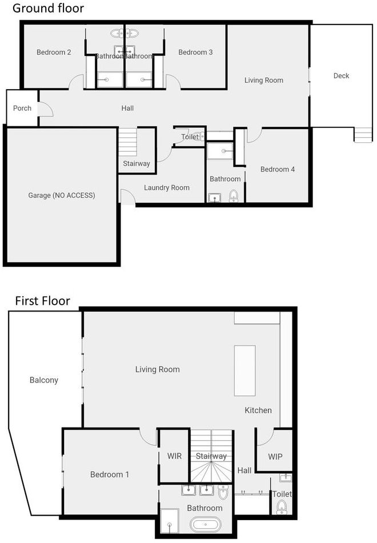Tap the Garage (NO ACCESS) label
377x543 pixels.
[62, 195]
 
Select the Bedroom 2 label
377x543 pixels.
[54, 53]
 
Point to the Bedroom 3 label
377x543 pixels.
[195, 53]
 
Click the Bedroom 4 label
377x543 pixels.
[278, 169]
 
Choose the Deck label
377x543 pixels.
[341, 75]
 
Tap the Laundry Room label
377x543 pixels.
[167, 187]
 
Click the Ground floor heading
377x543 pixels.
[48, 9]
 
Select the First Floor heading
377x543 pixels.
[42, 301]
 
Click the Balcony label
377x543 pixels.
[44, 380]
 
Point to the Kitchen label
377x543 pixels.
[258, 410]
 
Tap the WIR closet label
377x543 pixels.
[174, 457]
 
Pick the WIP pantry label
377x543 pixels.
[276, 457]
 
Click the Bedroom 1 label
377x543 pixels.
[110, 474]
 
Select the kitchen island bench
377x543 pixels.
[245, 370]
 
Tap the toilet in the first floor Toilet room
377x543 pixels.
[281, 506]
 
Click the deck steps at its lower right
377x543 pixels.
[363, 134]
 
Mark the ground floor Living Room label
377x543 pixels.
[263, 80]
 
